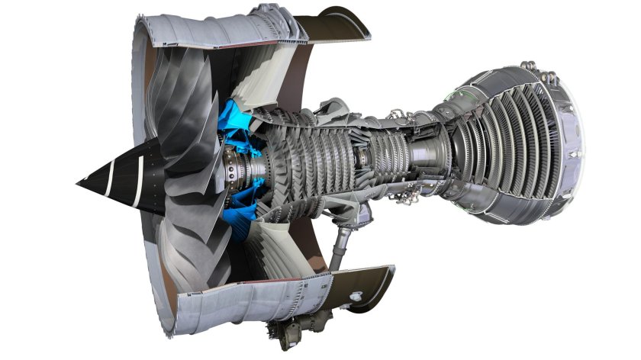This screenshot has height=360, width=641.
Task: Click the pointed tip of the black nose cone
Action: [x=79, y=182]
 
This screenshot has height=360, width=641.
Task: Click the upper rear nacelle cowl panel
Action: [x=343, y=23]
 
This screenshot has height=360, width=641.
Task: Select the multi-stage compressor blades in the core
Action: [x=305, y=153]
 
